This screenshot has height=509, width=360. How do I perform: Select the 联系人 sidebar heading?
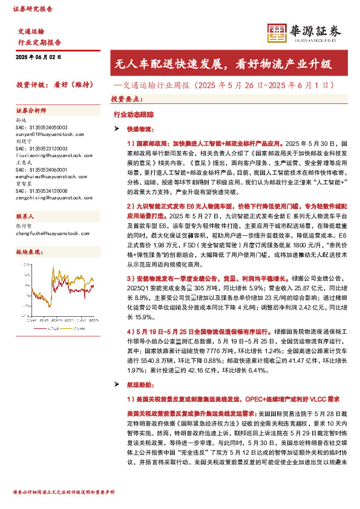[25, 216]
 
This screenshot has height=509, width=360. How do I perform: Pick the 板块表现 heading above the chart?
[28, 250]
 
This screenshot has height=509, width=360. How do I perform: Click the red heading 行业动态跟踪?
[129, 113]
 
